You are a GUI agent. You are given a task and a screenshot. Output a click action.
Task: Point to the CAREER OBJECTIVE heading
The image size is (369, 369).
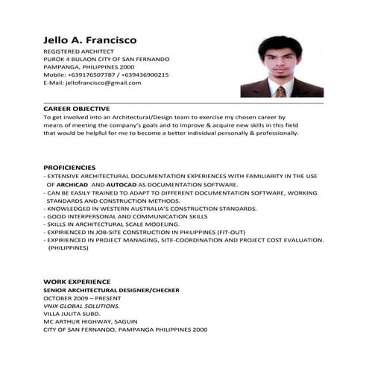tap(77, 109)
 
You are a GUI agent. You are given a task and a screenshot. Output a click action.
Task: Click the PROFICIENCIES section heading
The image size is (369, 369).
tap(69, 167)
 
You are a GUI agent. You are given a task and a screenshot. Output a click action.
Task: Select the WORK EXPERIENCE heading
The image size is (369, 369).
tap(77, 282)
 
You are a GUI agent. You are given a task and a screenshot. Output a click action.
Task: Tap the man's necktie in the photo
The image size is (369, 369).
tap(280, 91)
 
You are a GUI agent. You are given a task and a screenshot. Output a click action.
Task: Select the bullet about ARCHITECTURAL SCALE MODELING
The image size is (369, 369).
tap(113, 224)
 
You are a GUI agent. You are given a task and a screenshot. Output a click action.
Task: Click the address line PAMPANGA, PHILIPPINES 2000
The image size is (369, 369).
tap(89, 66)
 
